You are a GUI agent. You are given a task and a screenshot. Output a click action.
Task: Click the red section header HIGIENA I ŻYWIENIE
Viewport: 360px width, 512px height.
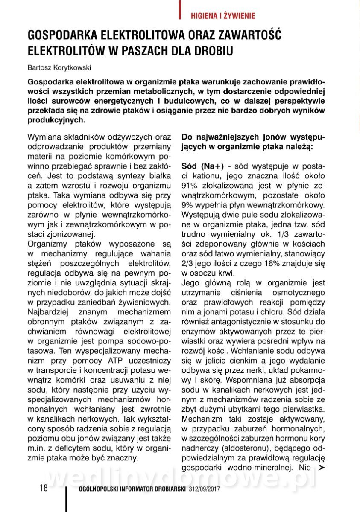pos(222,16)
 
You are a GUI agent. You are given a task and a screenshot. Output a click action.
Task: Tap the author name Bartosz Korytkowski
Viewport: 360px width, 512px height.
pos(59,67)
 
